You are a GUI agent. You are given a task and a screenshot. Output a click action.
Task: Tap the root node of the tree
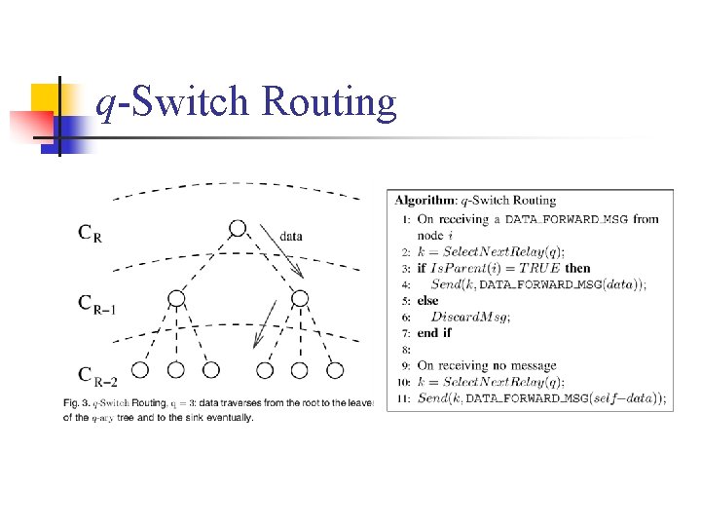tap(237, 229)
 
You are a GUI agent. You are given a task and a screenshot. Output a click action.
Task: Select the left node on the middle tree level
tap(176, 298)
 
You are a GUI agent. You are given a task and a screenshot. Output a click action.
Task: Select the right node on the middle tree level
tap(300, 298)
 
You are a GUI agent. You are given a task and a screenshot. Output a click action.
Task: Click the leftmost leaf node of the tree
tap(140, 370)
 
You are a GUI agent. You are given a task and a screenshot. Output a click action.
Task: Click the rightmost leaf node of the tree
tap(335, 370)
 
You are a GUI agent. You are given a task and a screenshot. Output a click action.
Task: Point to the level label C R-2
tap(97, 374)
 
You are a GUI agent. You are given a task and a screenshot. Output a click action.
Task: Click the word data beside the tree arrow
tap(290, 235)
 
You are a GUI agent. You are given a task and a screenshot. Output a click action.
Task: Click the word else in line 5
tap(427, 301)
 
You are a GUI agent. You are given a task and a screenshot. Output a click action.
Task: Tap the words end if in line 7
tap(434, 333)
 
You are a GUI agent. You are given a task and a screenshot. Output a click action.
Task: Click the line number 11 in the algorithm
tap(403, 398)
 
